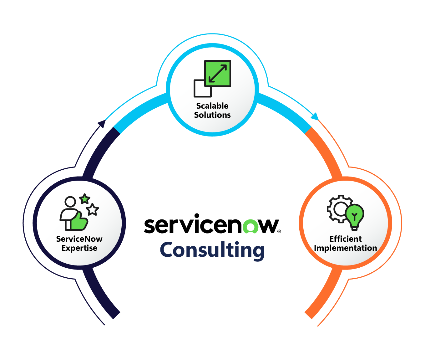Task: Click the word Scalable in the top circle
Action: [x=212, y=106]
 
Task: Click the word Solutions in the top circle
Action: [x=212, y=115]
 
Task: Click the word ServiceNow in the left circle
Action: [x=79, y=239]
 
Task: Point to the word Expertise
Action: [x=79, y=248]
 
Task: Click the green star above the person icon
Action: [x=85, y=199]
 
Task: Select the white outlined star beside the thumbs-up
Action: [x=92, y=209]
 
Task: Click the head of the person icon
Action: [x=70, y=202]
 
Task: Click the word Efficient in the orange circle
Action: [x=345, y=239]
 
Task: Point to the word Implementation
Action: [x=345, y=248]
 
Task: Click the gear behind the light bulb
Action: [x=338, y=208]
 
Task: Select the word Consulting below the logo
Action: [x=212, y=250]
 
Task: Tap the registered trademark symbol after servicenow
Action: [x=279, y=231]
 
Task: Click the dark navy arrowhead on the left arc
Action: [x=102, y=123]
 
